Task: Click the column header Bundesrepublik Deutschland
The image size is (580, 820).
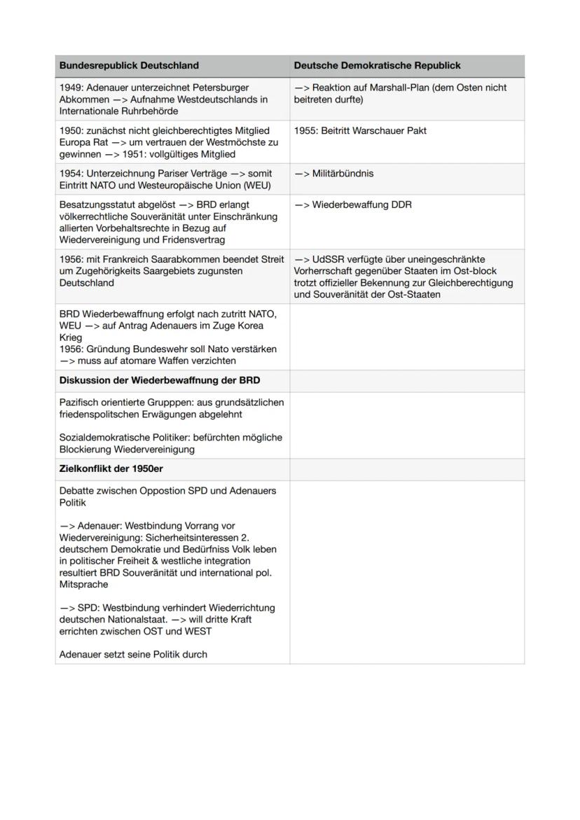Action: [x=129, y=66]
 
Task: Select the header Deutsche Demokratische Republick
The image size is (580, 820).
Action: [x=377, y=66]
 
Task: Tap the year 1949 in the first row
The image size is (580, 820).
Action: [x=71, y=88]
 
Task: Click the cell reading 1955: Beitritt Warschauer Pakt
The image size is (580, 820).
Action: [x=360, y=131]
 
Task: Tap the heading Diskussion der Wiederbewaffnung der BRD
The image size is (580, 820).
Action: [x=160, y=381]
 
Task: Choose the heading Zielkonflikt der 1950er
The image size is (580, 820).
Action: [x=111, y=469]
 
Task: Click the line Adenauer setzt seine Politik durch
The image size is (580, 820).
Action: [x=133, y=655]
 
